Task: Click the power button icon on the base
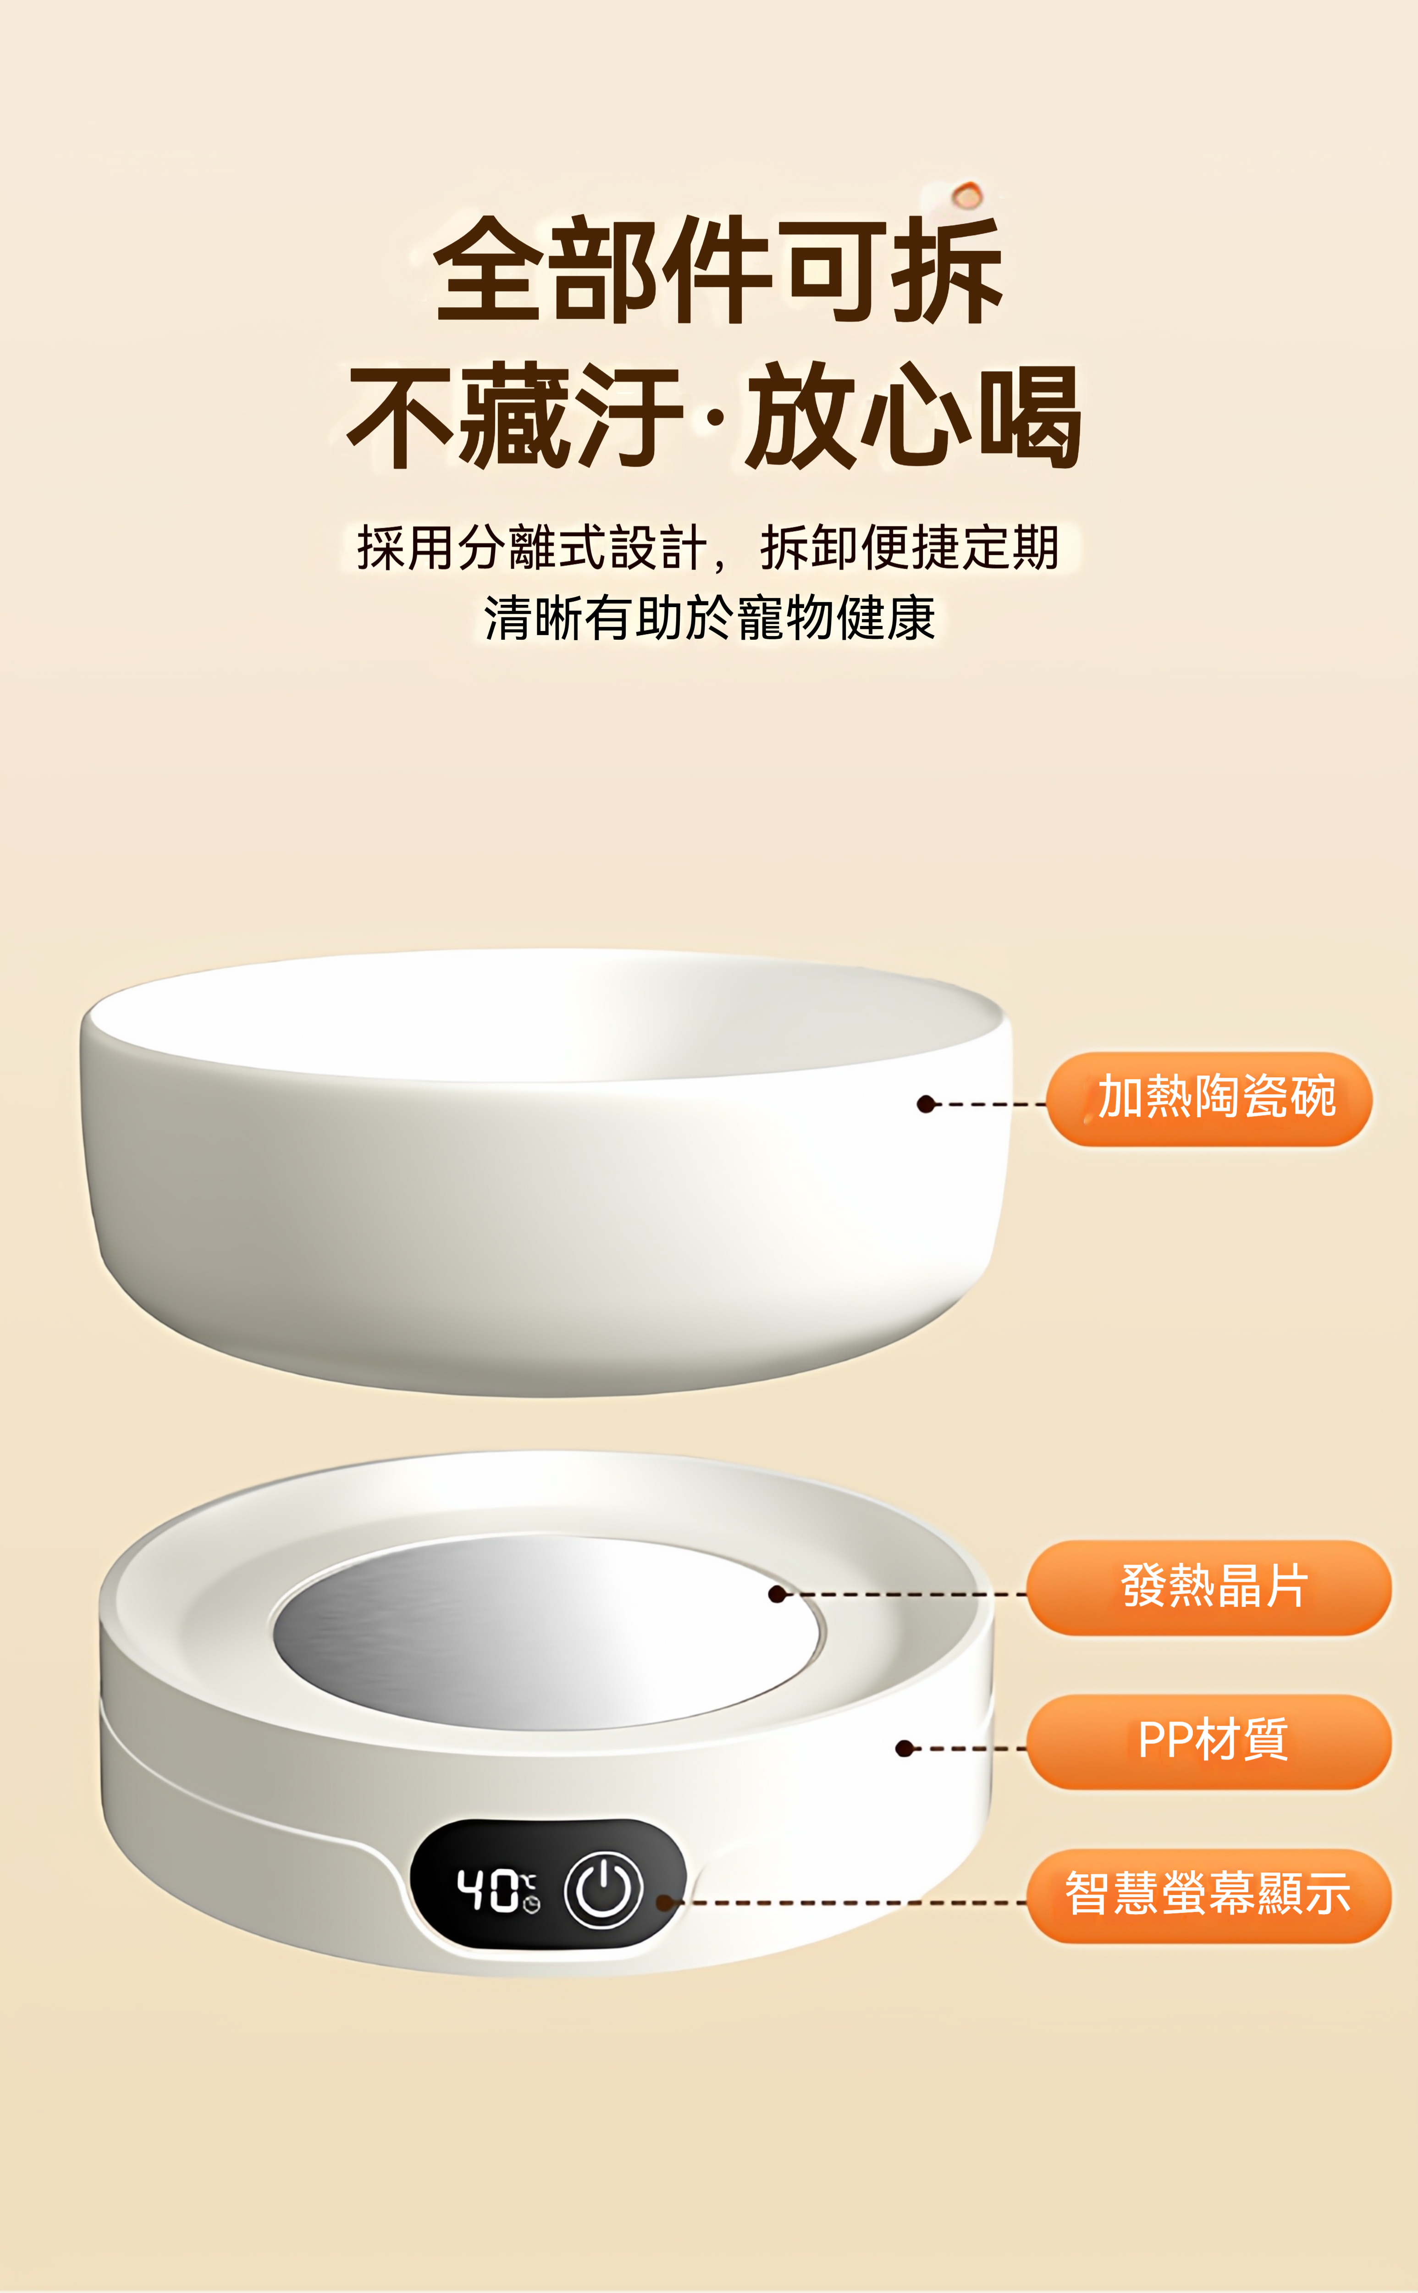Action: point(603,1889)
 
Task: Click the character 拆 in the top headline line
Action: point(947,270)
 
